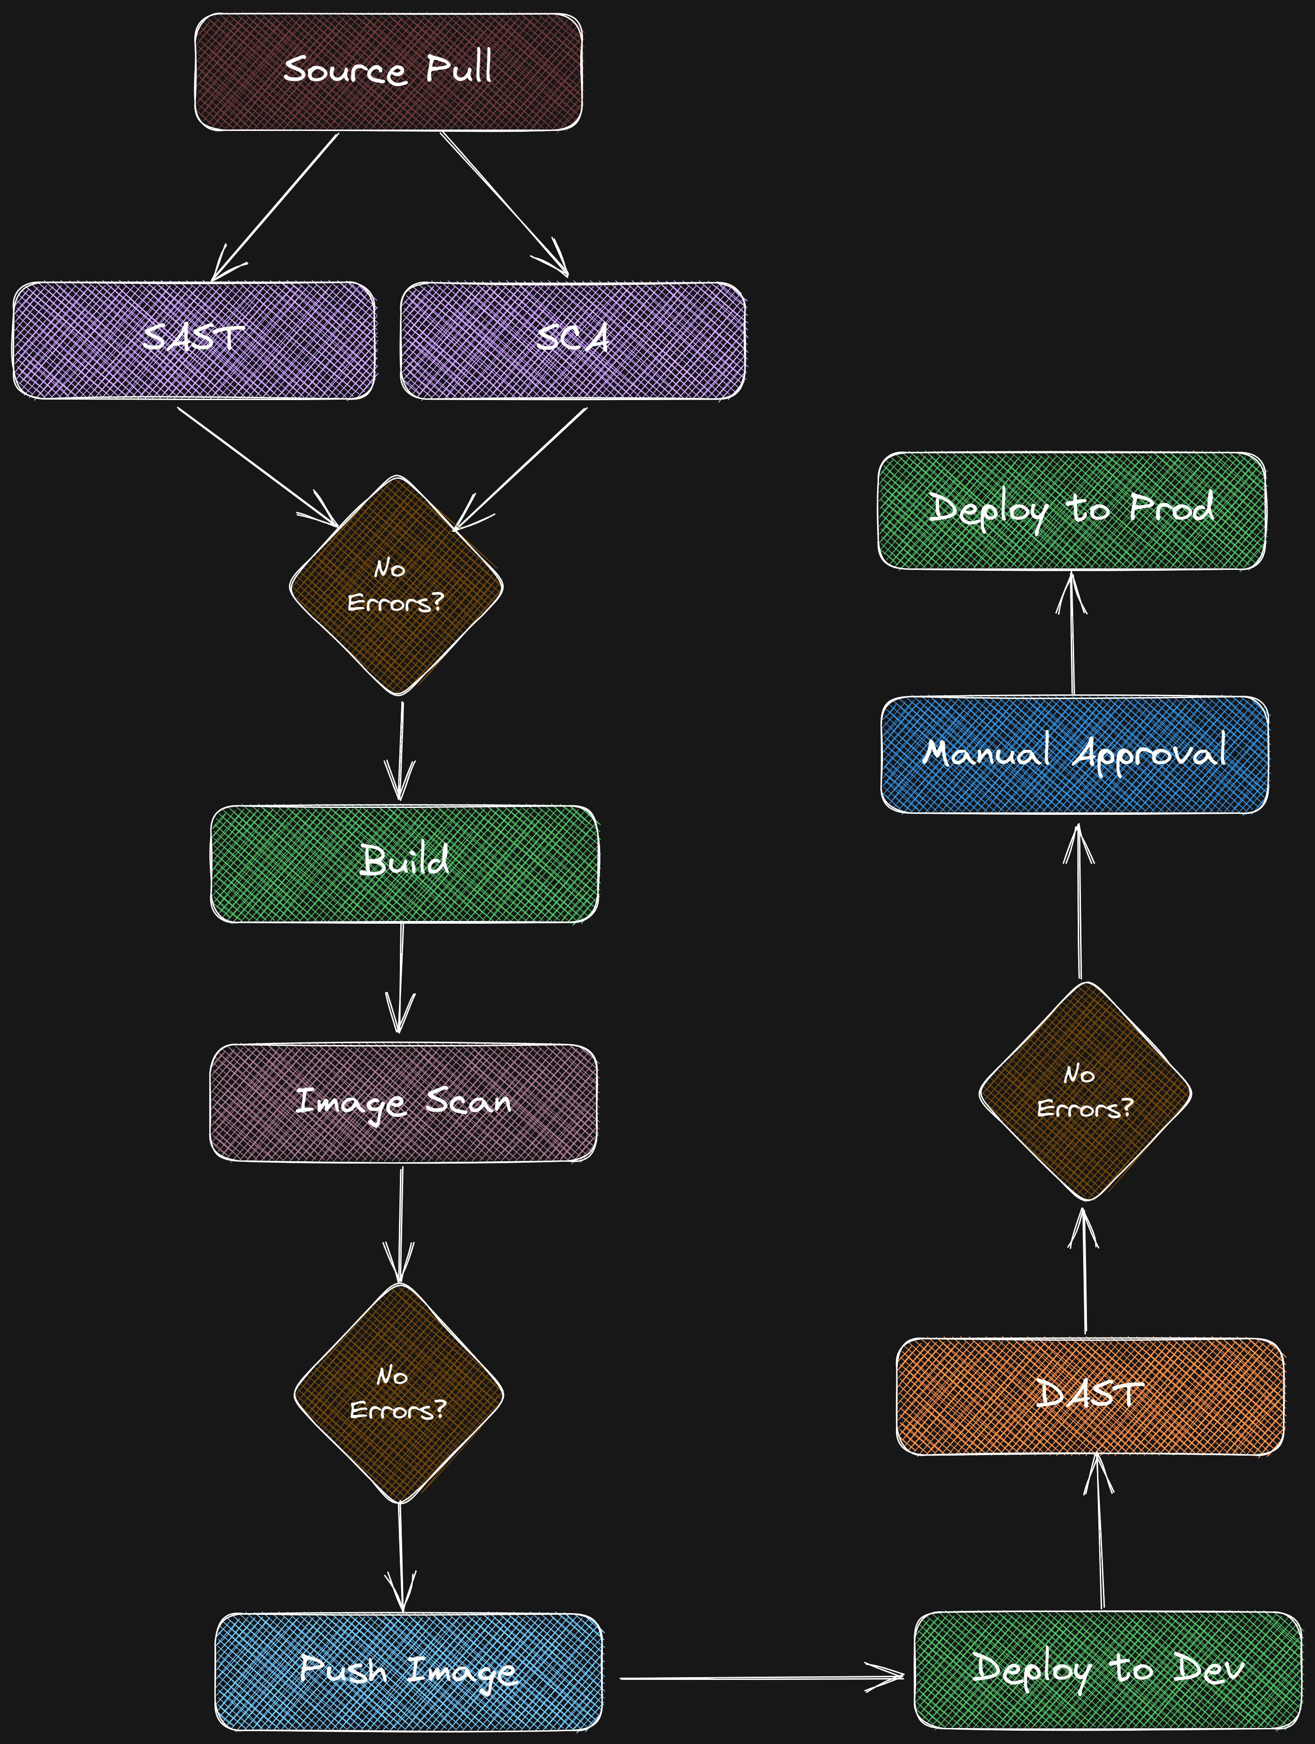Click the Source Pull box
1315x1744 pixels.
pyautogui.click(x=388, y=72)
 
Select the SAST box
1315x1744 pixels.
pyautogui.click(x=193, y=340)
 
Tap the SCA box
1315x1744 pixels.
pyautogui.click(x=573, y=340)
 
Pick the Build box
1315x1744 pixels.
pyautogui.click(x=404, y=863)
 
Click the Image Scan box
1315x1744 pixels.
pyautogui.click(x=403, y=1102)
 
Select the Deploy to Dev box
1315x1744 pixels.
pyautogui.click(x=1108, y=1668)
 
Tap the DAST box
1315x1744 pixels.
pyautogui.click(x=1090, y=1396)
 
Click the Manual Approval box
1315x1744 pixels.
pyautogui.click(x=1075, y=754)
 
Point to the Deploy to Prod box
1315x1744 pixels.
pyautogui.click(x=1071, y=510)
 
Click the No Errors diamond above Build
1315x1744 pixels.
pyautogui.click(x=397, y=586)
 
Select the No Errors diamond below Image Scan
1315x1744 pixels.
pyautogui.click(x=399, y=1394)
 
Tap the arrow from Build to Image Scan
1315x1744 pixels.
pyautogui.click(x=402, y=978)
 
